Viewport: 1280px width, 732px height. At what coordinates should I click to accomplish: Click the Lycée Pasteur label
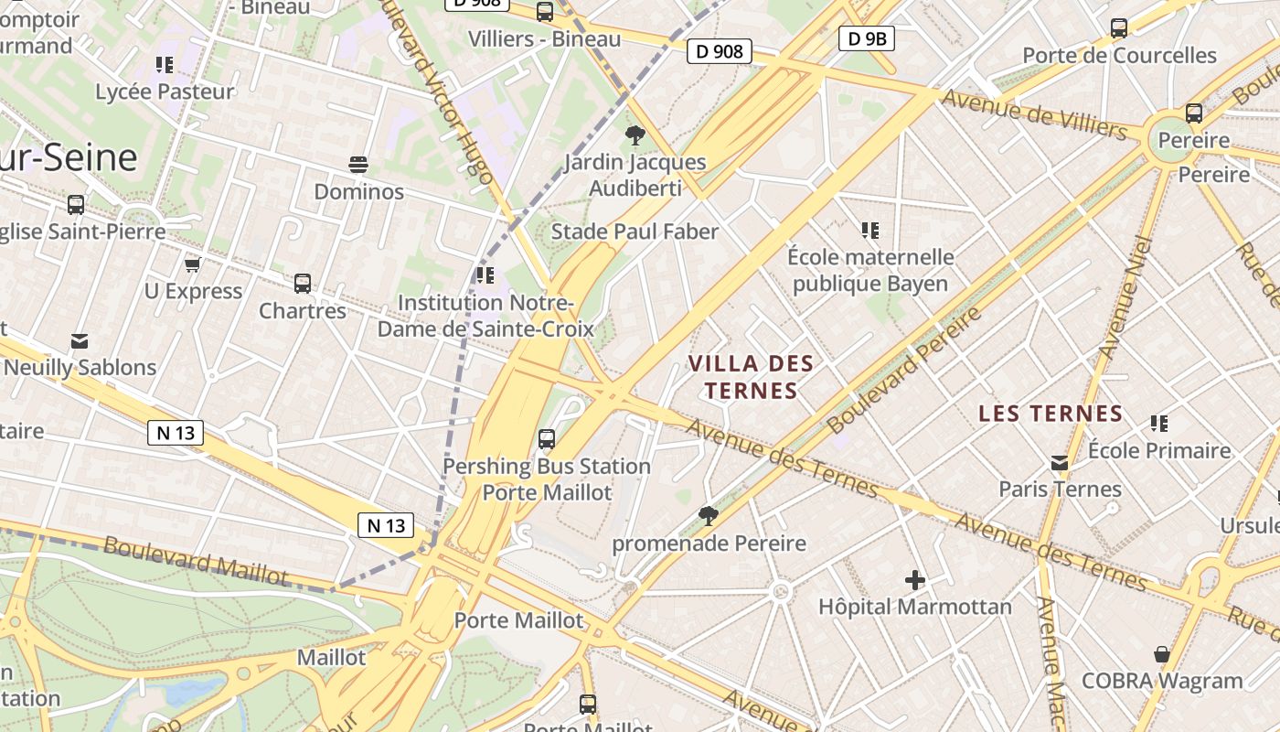pos(165,91)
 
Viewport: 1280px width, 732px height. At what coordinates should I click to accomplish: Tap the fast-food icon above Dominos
pos(358,165)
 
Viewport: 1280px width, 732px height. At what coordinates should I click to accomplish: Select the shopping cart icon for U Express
pos(192,264)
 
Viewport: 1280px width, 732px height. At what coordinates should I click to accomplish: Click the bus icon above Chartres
pos(303,284)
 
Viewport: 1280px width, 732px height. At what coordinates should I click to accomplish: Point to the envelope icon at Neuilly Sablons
pos(80,341)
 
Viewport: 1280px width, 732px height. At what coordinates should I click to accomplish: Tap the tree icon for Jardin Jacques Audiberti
pos(634,135)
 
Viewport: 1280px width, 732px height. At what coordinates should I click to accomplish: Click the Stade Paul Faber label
pos(635,231)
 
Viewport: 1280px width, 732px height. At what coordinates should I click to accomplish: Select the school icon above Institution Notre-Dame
pos(485,274)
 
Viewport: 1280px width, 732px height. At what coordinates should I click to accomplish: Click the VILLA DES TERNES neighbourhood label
pos(751,377)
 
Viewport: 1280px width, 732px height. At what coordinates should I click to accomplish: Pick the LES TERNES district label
pos(1051,414)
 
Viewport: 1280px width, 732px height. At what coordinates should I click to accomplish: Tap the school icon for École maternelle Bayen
pos(869,231)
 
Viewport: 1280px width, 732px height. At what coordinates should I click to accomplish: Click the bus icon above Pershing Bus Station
pos(547,439)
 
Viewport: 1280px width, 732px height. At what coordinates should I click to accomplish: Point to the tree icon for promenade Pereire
pos(709,516)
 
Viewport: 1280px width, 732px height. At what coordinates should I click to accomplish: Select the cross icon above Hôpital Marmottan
pos(914,580)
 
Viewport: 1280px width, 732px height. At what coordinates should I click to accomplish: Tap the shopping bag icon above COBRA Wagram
pos(1161,654)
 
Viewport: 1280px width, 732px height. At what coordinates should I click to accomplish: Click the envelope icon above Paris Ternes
pos(1060,462)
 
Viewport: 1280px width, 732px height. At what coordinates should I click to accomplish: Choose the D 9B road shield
pos(866,38)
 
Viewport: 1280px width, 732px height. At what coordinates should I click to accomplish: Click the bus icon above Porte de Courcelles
pos(1119,28)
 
